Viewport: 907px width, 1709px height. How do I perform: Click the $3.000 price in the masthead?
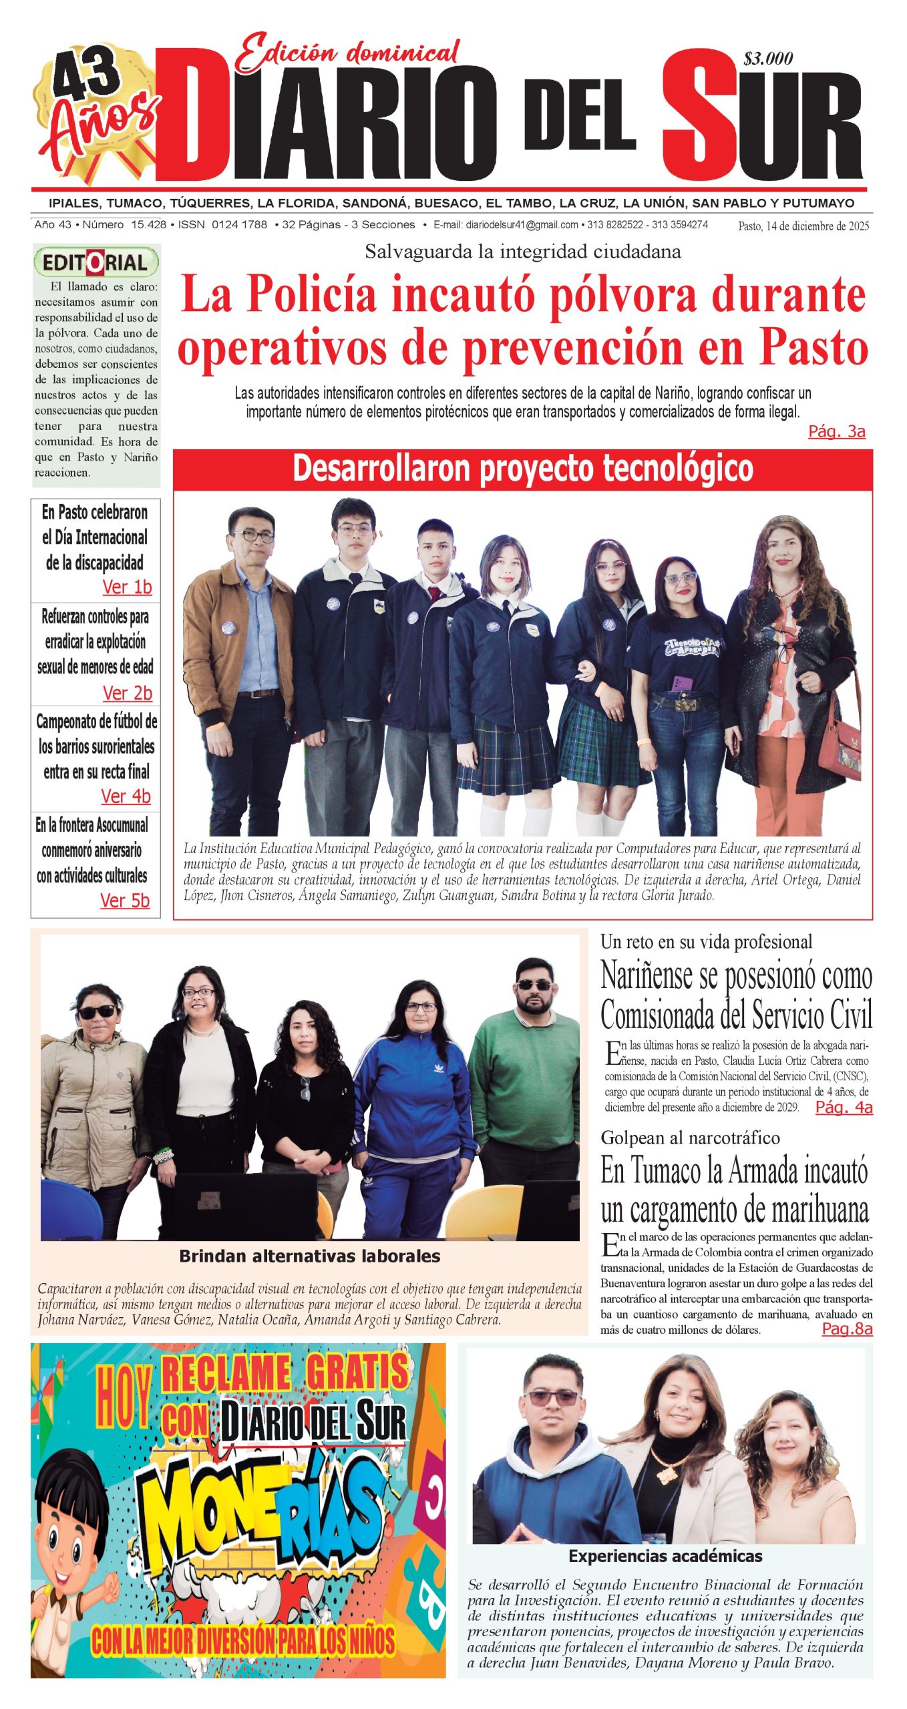point(767,59)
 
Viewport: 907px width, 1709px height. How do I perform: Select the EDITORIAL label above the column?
point(96,262)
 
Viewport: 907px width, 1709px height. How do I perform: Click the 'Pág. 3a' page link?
point(836,431)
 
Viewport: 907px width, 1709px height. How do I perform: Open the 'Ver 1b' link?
point(127,587)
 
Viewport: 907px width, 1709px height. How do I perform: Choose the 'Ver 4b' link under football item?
point(126,796)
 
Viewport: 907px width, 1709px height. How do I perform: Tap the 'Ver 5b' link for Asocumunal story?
point(124,901)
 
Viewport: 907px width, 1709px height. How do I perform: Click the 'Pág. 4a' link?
point(844,1108)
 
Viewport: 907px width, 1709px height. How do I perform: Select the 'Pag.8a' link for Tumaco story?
point(846,1328)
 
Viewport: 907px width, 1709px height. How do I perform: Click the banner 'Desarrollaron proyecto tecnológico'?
point(522,469)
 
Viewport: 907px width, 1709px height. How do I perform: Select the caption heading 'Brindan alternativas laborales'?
point(309,1256)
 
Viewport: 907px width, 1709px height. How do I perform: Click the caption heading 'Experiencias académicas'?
point(665,1556)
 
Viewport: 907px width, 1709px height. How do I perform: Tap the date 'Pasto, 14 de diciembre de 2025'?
point(803,226)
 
